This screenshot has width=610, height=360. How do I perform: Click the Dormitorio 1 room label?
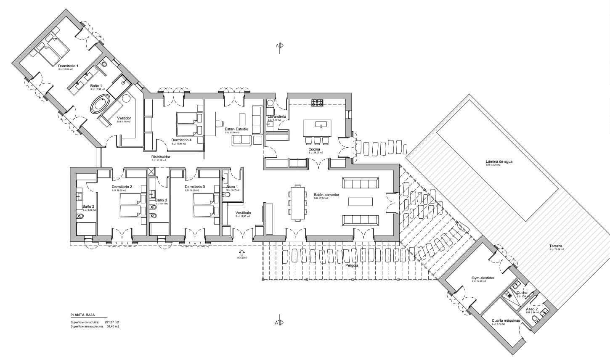(68, 66)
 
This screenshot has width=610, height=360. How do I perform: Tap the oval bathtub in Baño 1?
(100, 104)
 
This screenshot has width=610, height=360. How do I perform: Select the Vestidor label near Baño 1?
(124, 118)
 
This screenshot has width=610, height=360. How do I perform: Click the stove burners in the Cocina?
(317, 102)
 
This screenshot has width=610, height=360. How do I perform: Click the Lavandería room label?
(277, 116)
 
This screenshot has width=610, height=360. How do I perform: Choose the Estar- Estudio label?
(236, 129)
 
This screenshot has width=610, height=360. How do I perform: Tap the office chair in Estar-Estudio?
(219, 123)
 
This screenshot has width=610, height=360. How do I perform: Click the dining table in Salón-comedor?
(298, 203)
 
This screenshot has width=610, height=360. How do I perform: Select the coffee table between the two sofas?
(360, 201)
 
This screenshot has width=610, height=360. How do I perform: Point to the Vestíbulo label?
(243, 213)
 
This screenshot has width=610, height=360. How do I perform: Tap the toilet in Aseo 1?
(228, 195)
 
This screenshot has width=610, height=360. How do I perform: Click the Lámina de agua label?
(499, 161)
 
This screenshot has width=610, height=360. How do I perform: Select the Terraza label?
(556, 246)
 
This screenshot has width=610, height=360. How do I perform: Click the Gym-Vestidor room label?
(483, 278)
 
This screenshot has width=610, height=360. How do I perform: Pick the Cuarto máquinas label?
(506, 320)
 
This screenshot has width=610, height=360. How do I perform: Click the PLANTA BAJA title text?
(82, 315)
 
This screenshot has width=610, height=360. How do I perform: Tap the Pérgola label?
(352, 265)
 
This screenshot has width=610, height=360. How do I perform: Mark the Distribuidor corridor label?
(161, 157)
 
